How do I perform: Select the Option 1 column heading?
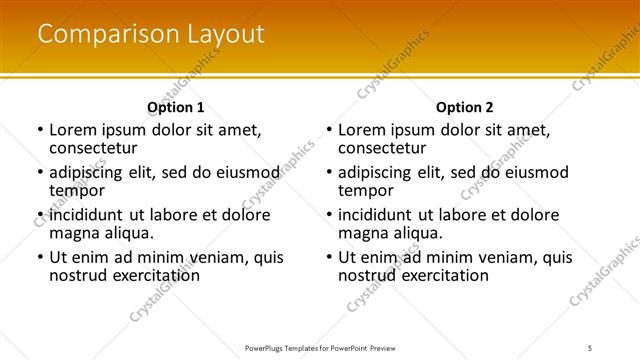pos(176,107)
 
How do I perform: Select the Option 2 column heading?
pos(465,107)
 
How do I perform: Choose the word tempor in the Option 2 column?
pos(367,191)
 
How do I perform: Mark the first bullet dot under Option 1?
pos(39,131)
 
